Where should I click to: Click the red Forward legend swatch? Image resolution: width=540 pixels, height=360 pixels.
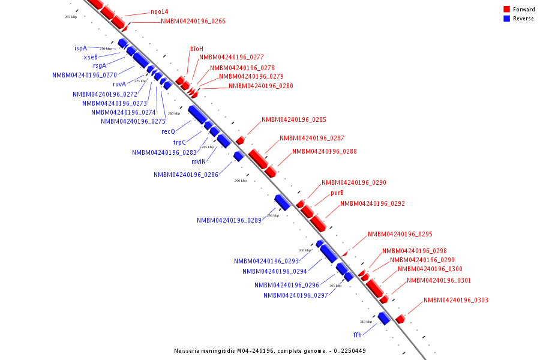pyautogui.click(x=506, y=9)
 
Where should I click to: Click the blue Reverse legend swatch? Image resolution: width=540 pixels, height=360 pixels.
pyautogui.click(x=506, y=19)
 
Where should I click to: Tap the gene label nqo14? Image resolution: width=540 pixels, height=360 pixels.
pyautogui.click(x=160, y=12)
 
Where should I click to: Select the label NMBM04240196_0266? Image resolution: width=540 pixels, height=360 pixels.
pyautogui.click(x=193, y=22)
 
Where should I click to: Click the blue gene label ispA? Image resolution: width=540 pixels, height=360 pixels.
pyautogui.click(x=80, y=48)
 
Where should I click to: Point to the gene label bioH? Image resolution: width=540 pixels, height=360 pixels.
pyautogui.click(x=197, y=49)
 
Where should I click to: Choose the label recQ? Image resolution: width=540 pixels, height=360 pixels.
pyautogui.click(x=168, y=131)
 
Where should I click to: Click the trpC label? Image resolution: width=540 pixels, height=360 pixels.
pyautogui.click(x=179, y=142)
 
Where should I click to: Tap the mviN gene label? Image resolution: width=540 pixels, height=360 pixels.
pyautogui.click(x=199, y=161)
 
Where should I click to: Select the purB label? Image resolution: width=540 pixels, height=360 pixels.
pyautogui.click(x=337, y=193)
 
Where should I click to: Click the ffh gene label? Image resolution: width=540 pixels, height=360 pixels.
pyautogui.click(x=357, y=334)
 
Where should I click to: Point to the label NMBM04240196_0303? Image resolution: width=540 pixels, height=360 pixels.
pyautogui.click(x=455, y=301)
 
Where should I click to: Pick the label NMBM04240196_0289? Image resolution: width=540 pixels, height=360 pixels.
pyautogui.click(x=229, y=221)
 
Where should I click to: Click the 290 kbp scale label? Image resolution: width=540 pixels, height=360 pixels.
pyautogui.click(x=240, y=181)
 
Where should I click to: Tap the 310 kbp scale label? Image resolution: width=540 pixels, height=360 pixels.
pyautogui.click(x=365, y=322)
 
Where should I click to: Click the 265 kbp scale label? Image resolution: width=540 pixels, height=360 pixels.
pyautogui.click(x=71, y=17)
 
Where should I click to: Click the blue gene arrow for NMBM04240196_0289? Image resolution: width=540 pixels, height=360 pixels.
pyautogui.click(x=282, y=202)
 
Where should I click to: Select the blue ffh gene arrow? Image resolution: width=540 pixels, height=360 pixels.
pyautogui.click(x=384, y=318)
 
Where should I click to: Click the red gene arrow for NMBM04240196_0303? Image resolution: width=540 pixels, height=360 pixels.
pyautogui.click(x=400, y=319)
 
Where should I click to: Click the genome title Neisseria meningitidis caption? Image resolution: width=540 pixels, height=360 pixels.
pyautogui.click(x=269, y=351)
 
